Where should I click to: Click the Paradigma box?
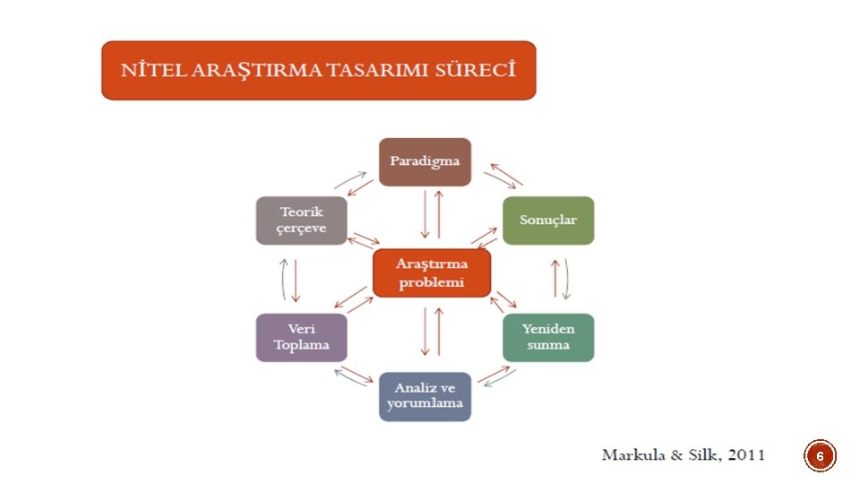coord(425,162)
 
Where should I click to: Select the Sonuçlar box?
coord(547,220)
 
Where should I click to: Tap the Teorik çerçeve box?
coord(301,220)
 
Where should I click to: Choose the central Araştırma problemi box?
coord(431,273)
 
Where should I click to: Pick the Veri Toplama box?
coord(301,337)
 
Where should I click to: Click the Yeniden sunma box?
coord(547,337)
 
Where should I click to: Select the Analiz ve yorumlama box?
coord(425,396)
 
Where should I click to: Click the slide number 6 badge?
coord(820,457)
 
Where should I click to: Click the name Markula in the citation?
coord(634,455)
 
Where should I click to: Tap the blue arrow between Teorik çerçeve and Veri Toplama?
coord(283,279)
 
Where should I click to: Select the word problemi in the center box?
coord(431,283)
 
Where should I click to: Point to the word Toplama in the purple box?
coord(302,345)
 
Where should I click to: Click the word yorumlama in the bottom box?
coord(425,404)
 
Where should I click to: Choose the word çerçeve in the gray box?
coord(302,229)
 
